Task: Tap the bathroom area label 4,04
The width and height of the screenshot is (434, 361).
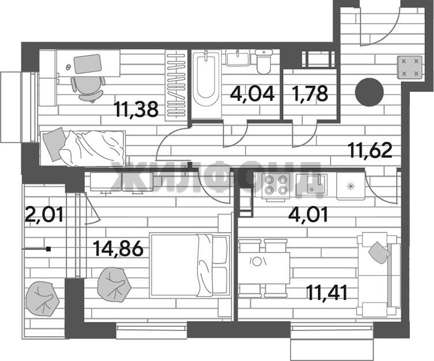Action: point(252,93)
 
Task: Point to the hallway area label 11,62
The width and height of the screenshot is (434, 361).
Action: point(371,150)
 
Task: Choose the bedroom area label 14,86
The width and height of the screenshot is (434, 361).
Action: point(118,249)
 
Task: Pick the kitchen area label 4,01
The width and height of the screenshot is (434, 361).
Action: point(308,215)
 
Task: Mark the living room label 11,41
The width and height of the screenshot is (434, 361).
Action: point(327,293)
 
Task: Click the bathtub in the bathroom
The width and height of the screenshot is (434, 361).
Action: point(206,84)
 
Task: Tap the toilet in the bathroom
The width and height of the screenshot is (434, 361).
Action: point(264,62)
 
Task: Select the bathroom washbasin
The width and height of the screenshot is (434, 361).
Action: point(238,58)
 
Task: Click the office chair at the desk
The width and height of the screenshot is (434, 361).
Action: point(88,88)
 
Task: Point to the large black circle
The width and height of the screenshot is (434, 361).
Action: point(369,92)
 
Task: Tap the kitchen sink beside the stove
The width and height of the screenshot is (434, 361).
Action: point(311,183)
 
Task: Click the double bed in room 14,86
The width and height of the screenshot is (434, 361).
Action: point(190,266)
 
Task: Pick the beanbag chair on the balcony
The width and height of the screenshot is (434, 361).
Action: point(42,299)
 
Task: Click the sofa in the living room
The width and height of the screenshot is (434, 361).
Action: point(378,274)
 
